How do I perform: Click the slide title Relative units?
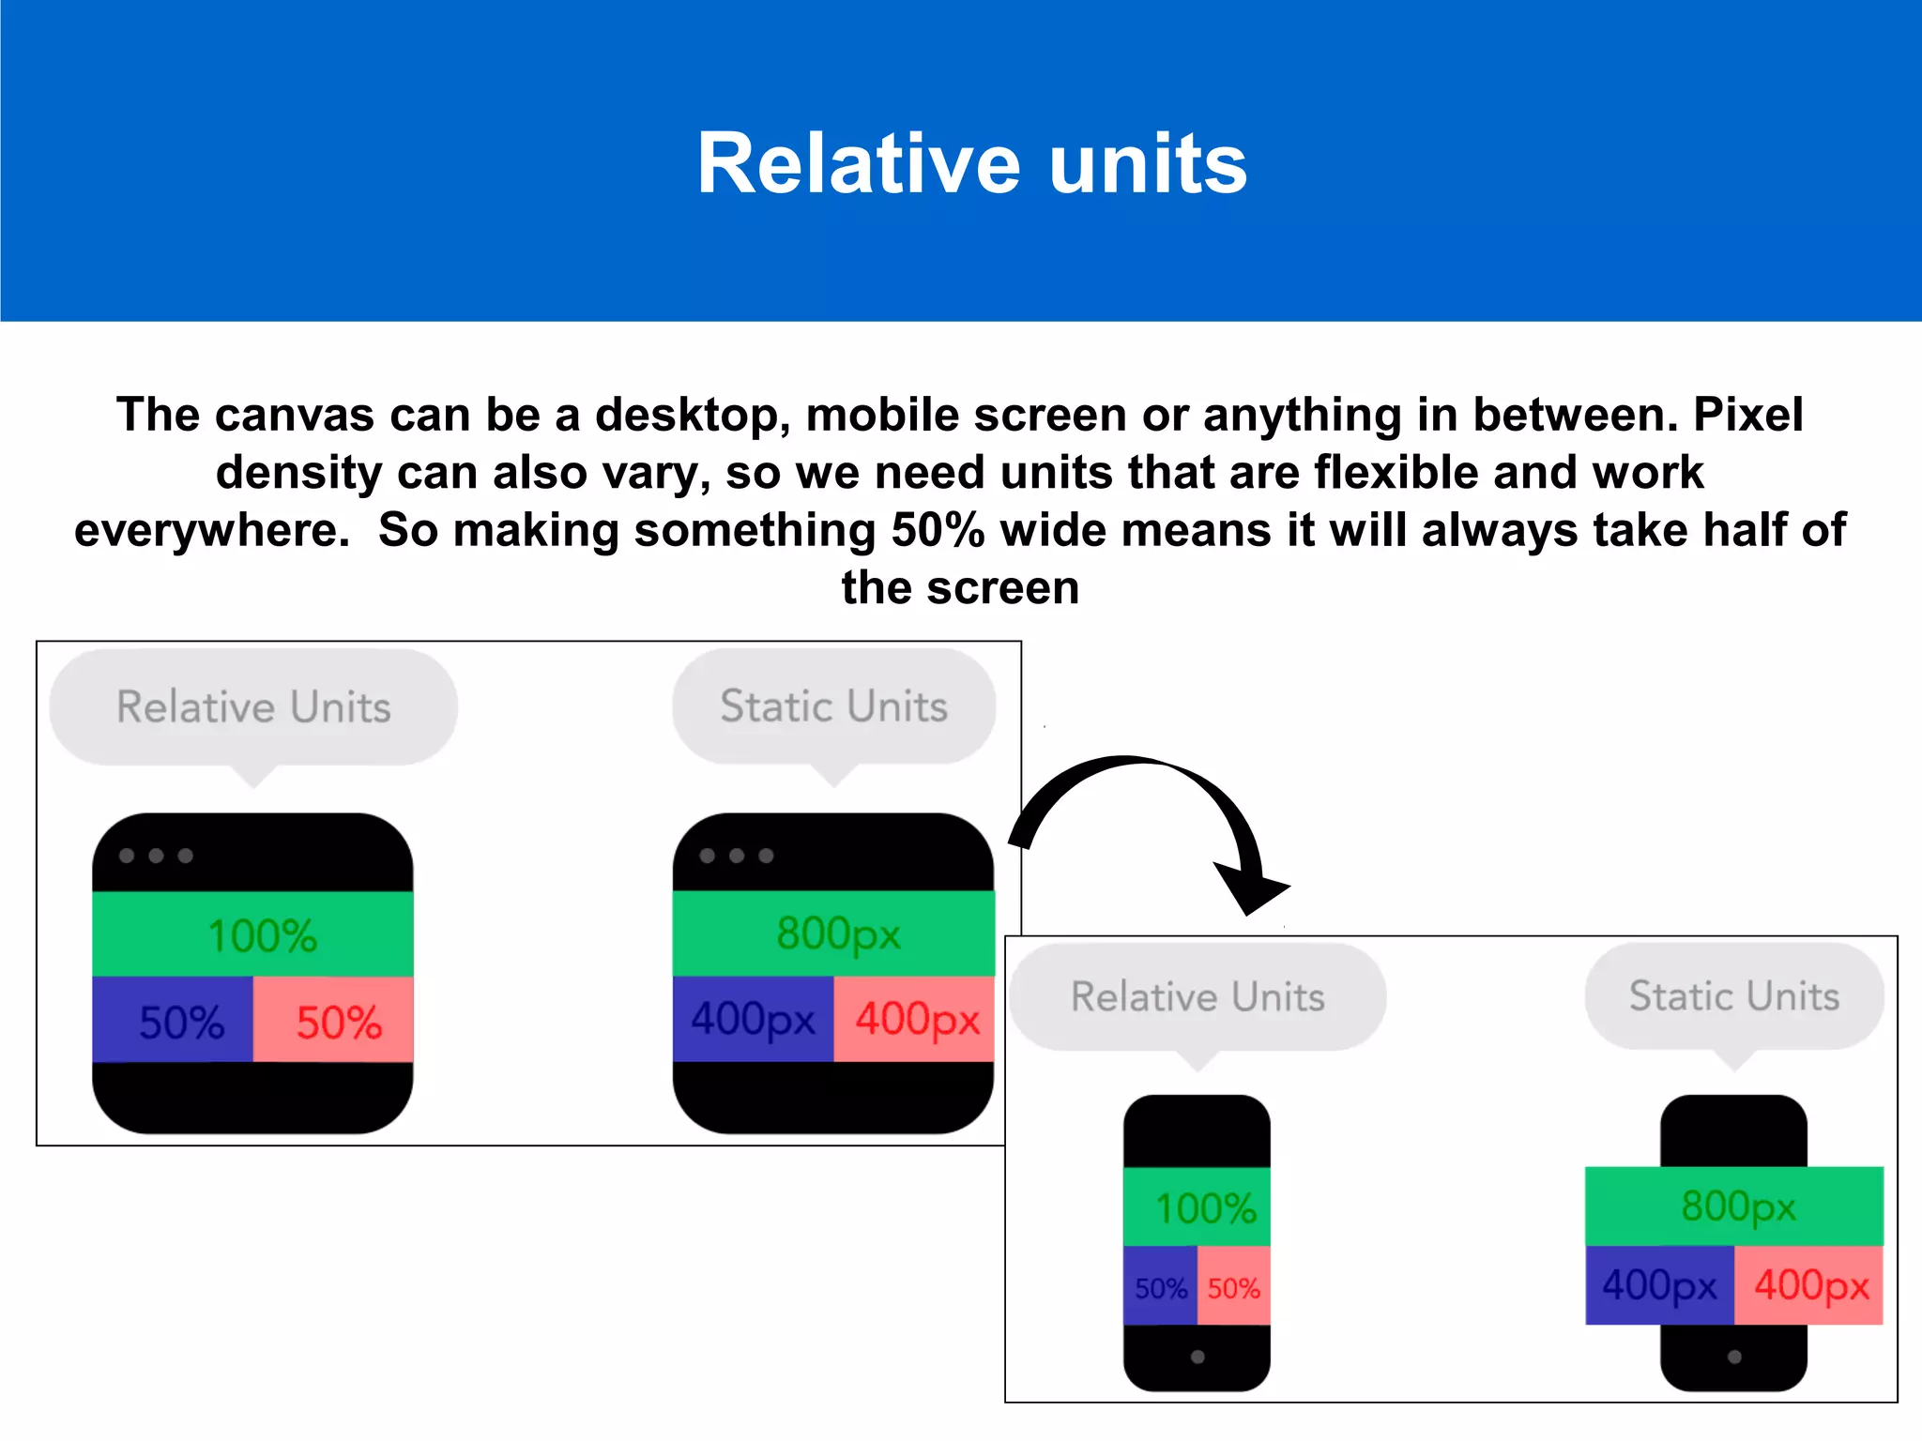[971, 164]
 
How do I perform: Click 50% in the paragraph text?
[938, 530]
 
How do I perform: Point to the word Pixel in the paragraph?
[1747, 415]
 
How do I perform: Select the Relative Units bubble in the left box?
[253, 706]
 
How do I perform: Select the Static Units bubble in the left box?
[833, 706]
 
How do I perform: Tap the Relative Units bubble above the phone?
[1197, 996]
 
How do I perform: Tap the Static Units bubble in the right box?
[1734, 996]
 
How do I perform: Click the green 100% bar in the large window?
[252, 934]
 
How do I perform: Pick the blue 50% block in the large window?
[173, 1021]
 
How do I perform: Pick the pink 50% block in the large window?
[334, 1021]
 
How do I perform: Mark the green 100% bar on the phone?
[1197, 1207]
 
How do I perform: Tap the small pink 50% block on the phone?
[1233, 1287]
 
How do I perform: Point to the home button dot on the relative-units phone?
[1197, 1357]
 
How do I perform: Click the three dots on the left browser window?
[156, 856]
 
